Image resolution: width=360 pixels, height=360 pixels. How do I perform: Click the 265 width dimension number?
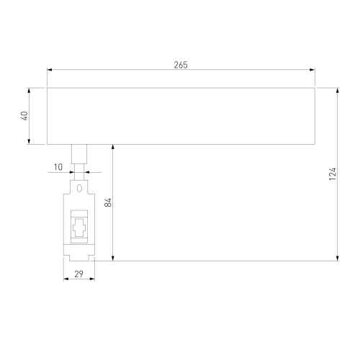181,65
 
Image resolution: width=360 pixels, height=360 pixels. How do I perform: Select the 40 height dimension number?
25,116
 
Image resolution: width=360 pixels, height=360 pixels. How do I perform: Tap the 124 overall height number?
333,174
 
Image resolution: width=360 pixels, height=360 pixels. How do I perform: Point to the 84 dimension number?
108,202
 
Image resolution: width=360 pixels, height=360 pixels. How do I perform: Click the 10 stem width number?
58,167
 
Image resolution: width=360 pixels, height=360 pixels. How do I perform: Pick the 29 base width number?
78,274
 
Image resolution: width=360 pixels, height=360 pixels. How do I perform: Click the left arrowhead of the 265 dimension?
50,70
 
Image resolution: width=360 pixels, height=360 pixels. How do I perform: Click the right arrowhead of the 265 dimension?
312,70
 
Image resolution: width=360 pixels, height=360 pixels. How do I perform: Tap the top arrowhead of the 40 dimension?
29,91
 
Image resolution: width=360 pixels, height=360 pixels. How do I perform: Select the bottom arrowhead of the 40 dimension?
29,142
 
